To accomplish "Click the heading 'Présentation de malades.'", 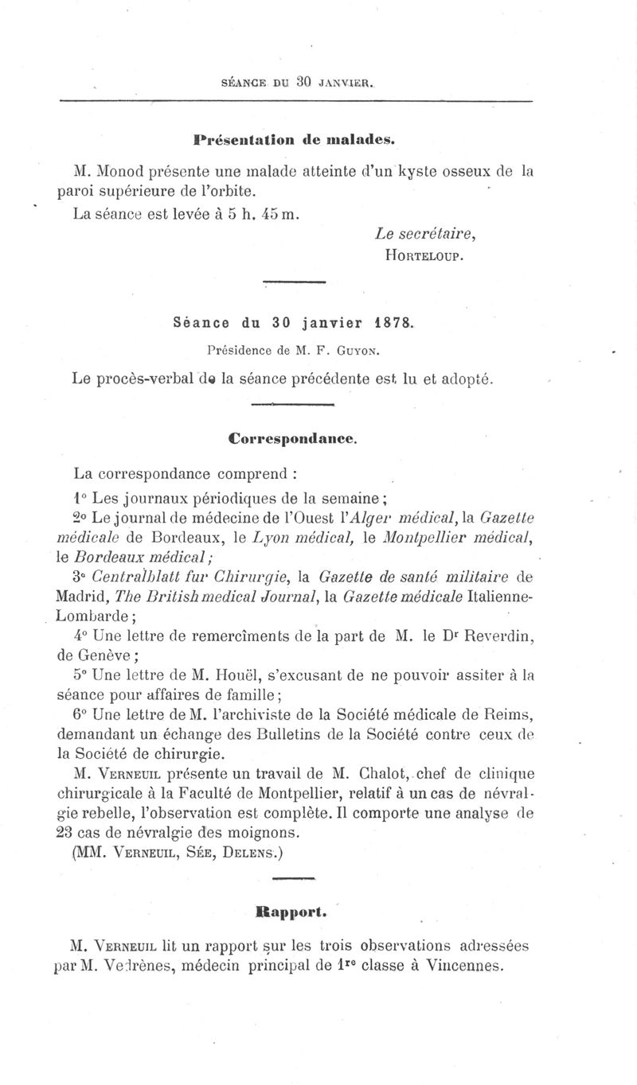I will tap(294, 138).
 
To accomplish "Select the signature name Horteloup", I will tap(423, 255).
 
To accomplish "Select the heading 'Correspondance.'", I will tap(292, 437).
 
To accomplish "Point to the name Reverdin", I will tap(498, 636).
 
